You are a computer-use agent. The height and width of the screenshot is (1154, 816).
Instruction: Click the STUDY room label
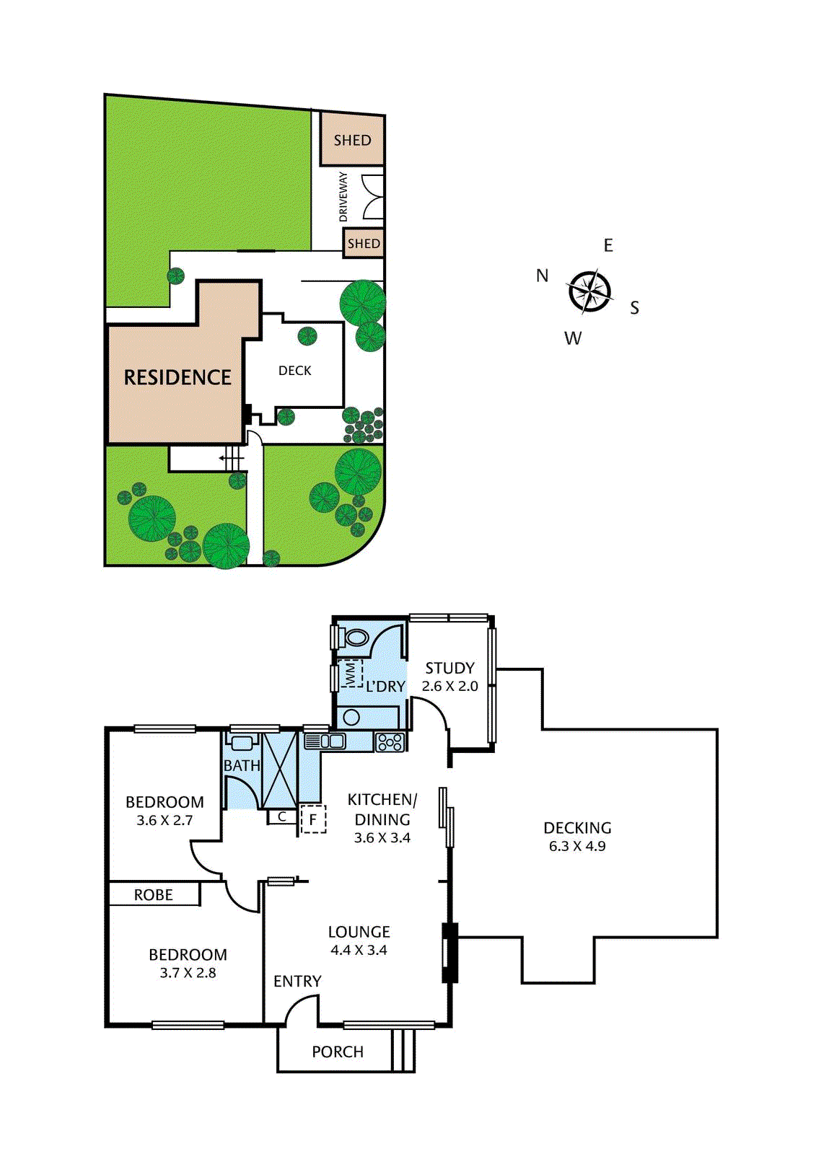click(x=449, y=668)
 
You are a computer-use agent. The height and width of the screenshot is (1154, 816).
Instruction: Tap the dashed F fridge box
click(x=313, y=819)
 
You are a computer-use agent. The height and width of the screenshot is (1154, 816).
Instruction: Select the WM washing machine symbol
click(x=351, y=674)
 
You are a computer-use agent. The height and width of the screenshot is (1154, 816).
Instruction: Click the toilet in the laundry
click(x=356, y=638)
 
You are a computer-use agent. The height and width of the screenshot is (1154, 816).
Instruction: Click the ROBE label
click(x=153, y=895)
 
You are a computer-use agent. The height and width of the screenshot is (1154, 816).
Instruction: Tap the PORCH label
click(x=337, y=1052)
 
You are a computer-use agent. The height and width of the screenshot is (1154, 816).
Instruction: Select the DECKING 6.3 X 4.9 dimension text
click(x=577, y=846)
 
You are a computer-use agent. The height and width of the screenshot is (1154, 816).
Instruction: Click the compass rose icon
click(x=590, y=292)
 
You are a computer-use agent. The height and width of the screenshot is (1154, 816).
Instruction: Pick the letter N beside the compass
click(x=543, y=276)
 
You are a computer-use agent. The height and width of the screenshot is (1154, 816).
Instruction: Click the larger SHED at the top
click(x=352, y=140)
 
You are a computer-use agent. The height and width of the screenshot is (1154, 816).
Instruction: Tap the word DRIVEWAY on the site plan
click(x=343, y=197)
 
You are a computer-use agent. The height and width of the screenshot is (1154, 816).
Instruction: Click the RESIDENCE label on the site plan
click(x=177, y=377)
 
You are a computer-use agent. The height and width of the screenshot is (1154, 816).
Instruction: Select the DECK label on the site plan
click(x=294, y=371)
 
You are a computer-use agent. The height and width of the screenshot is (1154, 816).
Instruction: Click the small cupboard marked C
click(x=282, y=816)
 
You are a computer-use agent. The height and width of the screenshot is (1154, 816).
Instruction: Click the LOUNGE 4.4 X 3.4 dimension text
click(x=359, y=950)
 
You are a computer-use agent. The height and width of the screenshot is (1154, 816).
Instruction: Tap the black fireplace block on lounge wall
click(x=449, y=952)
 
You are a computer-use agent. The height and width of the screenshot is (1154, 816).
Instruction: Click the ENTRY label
click(x=297, y=981)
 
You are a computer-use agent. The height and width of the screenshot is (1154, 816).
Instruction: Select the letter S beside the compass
click(x=634, y=308)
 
